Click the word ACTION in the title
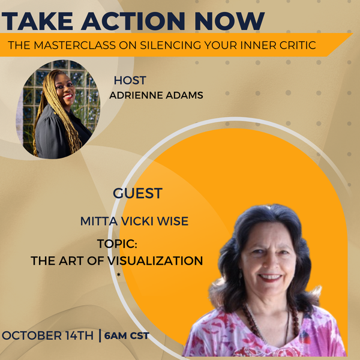[x=133, y=21]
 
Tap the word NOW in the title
[x=230, y=21]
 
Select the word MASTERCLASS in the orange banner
[x=74, y=45]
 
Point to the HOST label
[x=130, y=80]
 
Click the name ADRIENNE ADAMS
[x=156, y=95]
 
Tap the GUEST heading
[x=138, y=193]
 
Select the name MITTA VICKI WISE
[x=134, y=221]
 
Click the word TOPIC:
[x=117, y=244]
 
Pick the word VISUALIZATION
[x=155, y=261]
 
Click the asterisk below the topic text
[x=118, y=275]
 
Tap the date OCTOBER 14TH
[x=48, y=335]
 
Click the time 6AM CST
[x=127, y=335]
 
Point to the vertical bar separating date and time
[x=100, y=335]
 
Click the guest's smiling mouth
[x=271, y=277]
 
